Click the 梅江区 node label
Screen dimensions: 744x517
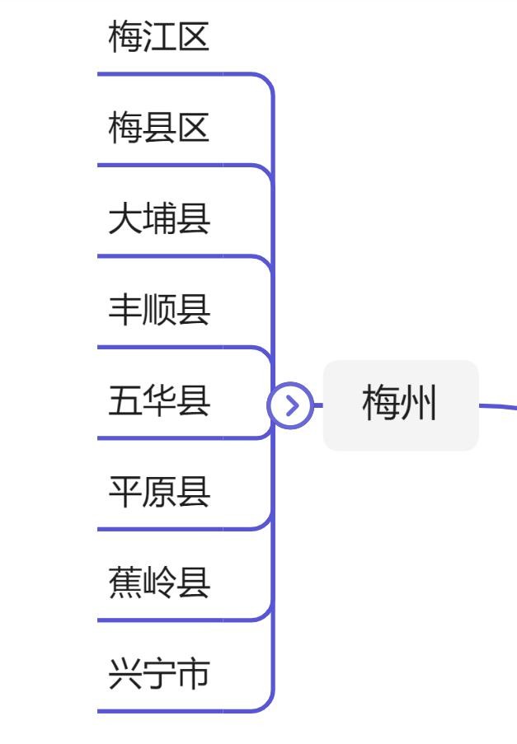[159, 38]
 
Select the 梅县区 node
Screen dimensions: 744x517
[159, 129]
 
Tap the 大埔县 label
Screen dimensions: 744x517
[159, 220]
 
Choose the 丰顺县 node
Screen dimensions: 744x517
[159, 311]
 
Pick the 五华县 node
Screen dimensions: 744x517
[159, 402]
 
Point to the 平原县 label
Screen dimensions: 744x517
[159, 493]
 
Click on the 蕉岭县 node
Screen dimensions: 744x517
[159, 583]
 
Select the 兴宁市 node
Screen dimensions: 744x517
[159, 675]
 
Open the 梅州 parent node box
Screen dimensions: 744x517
[400, 405]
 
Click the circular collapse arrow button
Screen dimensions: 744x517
[290, 405]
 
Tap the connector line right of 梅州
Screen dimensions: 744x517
[498, 405]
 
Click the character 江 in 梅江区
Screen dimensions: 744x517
[159, 38]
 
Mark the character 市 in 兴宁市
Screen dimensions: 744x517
[193, 675]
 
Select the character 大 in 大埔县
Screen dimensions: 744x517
[125, 220]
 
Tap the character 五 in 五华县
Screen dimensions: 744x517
[125, 402]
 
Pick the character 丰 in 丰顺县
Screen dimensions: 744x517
[125, 311]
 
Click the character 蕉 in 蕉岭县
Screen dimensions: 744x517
[125, 583]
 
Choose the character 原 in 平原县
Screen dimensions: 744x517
[159, 493]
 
